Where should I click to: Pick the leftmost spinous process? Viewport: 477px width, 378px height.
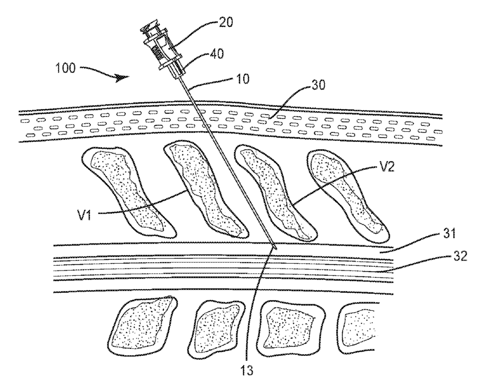pos(127,191)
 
